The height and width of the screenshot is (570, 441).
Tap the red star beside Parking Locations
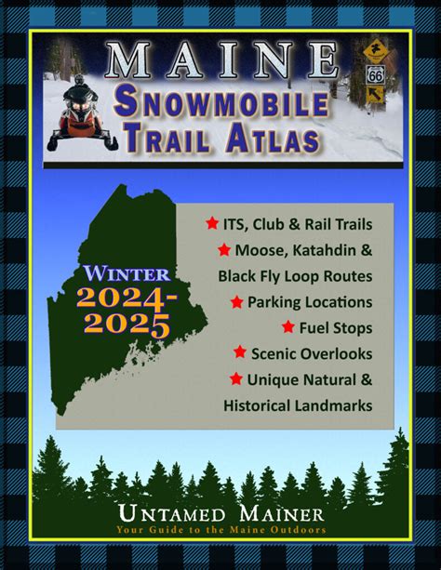click(x=237, y=302)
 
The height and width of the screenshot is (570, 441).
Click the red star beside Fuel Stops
click(x=288, y=327)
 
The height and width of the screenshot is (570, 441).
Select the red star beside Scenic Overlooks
click(x=240, y=353)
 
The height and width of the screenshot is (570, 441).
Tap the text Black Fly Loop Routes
click(x=295, y=276)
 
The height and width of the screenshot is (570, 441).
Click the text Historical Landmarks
click(x=298, y=405)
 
